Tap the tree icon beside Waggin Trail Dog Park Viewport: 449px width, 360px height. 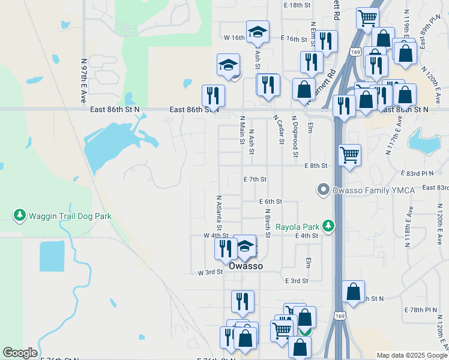(20, 214)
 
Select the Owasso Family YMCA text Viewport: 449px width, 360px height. (366, 191)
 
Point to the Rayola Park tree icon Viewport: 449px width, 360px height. (328, 226)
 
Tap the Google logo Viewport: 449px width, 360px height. (20, 353)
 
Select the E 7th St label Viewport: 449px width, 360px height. (255, 179)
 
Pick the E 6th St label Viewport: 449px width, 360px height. (271, 202)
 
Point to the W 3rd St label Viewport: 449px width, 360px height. (210, 272)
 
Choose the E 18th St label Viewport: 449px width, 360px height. (298, 5)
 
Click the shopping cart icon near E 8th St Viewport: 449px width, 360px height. (349, 155)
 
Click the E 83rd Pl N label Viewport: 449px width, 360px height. (419, 173)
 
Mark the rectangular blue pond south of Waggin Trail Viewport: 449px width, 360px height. (52, 256)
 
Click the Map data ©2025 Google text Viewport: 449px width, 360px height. (412, 355)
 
